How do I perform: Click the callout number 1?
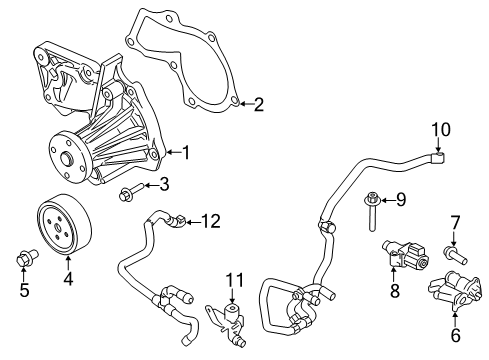click(186, 153)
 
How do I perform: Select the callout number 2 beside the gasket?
click(259, 104)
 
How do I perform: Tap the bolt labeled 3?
click(131, 192)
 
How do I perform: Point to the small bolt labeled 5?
click(27, 257)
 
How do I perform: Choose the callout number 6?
click(455, 335)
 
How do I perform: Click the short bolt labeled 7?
click(456, 254)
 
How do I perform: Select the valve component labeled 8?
click(405, 255)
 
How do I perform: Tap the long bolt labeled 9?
click(372, 211)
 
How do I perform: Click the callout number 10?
click(441, 130)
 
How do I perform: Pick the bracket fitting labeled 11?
click(227, 321)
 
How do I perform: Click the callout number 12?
click(210, 221)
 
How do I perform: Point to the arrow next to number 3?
click(151, 185)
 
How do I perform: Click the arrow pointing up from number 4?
click(68, 262)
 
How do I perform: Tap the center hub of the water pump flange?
click(67, 158)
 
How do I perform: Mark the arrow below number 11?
click(232, 296)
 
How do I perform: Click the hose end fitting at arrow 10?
click(438, 158)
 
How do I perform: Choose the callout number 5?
click(24, 289)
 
